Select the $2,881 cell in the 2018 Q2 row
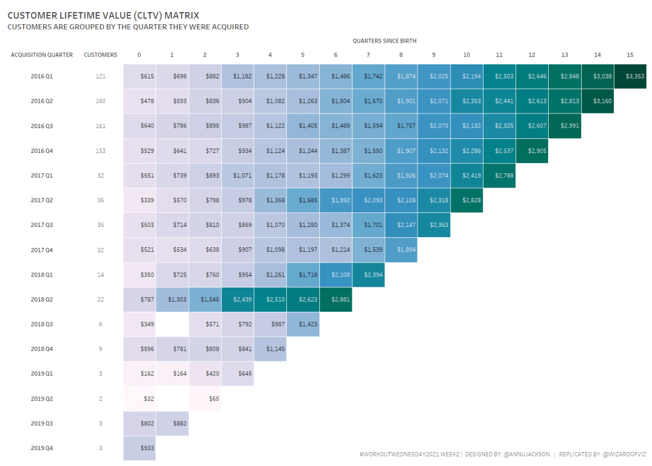(x=335, y=300)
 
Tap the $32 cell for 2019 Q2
(x=140, y=398)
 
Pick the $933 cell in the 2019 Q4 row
(x=140, y=448)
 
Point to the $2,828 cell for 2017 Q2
(x=467, y=200)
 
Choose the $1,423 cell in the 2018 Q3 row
(x=303, y=324)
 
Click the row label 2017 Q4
(x=41, y=250)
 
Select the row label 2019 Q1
(x=41, y=374)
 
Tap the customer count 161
(x=100, y=126)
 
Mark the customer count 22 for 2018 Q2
(x=100, y=300)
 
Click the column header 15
(x=630, y=55)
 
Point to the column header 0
(x=140, y=55)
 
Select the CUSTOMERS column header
(x=100, y=55)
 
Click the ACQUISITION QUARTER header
(x=41, y=55)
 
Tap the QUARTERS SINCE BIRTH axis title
(x=384, y=41)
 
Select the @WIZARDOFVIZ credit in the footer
(x=625, y=455)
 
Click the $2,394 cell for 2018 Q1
(x=368, y=275)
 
